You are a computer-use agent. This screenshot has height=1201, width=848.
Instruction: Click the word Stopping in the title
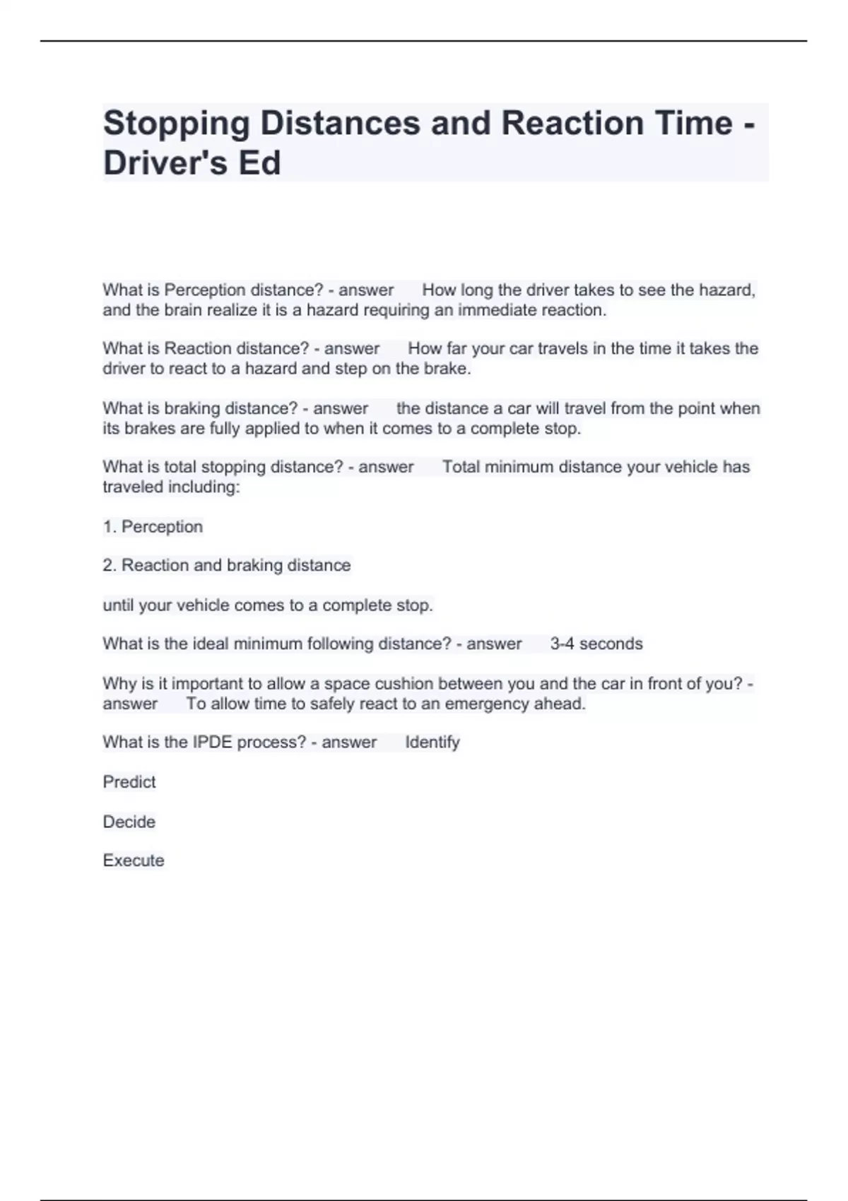coord(177,124)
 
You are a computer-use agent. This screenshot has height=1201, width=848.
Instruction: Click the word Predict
coord(129,782)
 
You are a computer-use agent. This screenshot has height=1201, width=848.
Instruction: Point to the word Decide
coord(129,822)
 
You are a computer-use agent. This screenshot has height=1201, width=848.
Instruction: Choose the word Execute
coord(134,860)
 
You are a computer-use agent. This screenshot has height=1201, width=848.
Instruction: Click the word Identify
coord(432,743)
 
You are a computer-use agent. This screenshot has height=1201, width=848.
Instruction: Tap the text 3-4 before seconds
coord(562,644)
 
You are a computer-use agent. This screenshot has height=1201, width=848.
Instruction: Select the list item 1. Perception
coord(153,527)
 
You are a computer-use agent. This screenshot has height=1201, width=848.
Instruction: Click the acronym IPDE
coord(212,743)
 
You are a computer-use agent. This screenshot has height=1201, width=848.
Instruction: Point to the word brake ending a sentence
coord(447,369)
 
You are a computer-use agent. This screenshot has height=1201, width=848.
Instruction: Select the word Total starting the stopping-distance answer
coord(461,467)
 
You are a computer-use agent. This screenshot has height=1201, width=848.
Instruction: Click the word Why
coord(119,684)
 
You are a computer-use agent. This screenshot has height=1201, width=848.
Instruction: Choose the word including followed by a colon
coord(204,487)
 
